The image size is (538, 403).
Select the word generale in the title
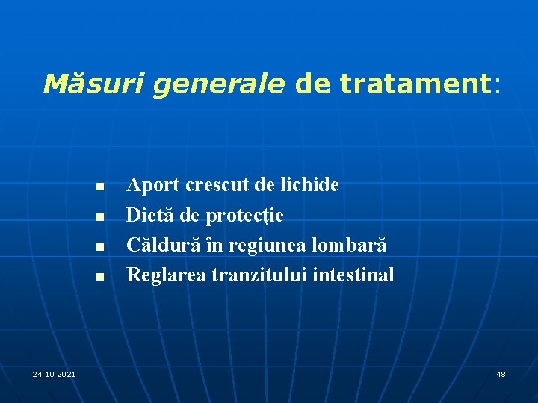point(219,84)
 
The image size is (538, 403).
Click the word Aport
point(152,185)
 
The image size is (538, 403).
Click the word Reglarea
point(166,275)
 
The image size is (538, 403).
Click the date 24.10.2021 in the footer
point(54,373)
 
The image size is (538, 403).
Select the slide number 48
point(501,373)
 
